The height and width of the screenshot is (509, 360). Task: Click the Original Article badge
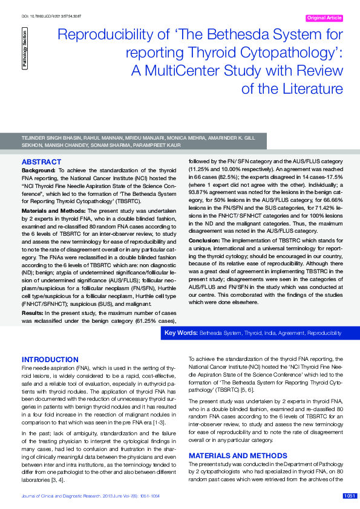(x=325, y=18)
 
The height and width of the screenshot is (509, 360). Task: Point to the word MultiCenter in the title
(x=187, y=71)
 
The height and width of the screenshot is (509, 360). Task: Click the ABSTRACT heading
(x=41, y=162)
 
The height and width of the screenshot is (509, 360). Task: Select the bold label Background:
(x=39, y=170)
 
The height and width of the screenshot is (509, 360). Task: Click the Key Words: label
(x=181, y=333)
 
